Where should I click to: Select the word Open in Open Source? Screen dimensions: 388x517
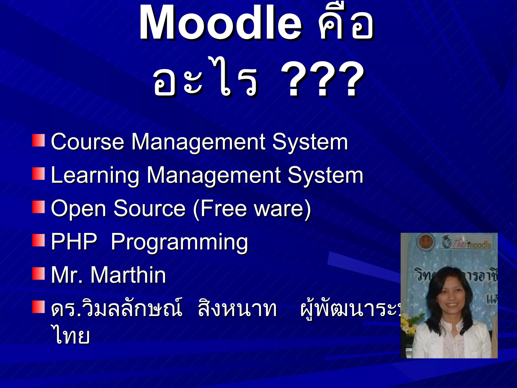coord(79,209)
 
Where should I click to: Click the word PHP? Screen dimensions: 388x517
coord(74,242)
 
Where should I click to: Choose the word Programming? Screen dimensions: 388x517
coord(179,242)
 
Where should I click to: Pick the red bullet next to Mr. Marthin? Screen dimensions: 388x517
coord(38,274)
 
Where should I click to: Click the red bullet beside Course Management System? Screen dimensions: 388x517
coord(38,140)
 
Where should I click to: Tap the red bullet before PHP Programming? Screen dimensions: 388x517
coord(38,240)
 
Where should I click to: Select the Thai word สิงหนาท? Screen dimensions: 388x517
coord(237,309)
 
